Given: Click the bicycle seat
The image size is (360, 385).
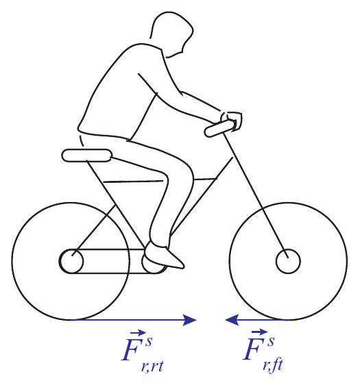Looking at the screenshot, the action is pyautogui.click(x=87, y=156).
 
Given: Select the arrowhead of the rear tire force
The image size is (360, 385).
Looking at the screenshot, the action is pyautogui.click(x=190, y=320).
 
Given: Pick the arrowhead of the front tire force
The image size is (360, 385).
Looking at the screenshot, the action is pyautogui.click(x=232, y=320).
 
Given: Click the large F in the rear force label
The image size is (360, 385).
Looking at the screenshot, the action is pyautogui.click(x=133, y=349).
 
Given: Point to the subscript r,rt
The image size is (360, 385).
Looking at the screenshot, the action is pyautogui.click(x=152, y=367).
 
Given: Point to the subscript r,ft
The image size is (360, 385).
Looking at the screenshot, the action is pyautogui.click(x=273, y=366).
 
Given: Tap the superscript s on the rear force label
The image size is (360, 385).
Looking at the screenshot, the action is pyautogui.click(x=149, y=341).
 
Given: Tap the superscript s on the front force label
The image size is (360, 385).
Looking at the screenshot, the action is pyautogui.click(x=271, y=341).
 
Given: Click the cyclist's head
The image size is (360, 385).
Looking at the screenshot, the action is pyautogui.click(x=171, y=33).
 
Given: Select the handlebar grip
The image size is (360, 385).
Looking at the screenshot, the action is pyautogui.click(x=219, y=128).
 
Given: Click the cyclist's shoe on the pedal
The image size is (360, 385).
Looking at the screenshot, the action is pyautogui.click(x=163, y=256).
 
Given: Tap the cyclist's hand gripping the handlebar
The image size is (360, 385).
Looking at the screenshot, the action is pyautogui.click(x=232, y=121).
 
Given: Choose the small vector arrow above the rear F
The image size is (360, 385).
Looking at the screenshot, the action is pyautogui.click(x=138, y=333).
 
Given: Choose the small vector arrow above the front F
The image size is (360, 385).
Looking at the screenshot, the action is pyautogui.click(x=259, y=332).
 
